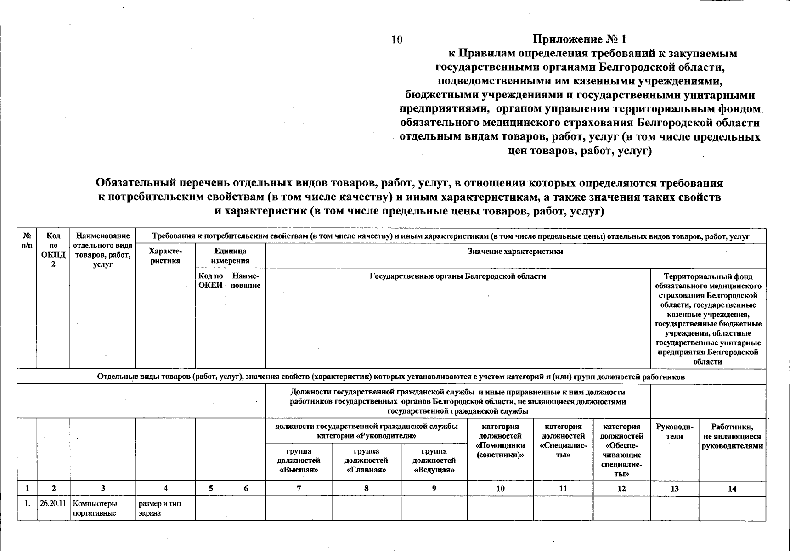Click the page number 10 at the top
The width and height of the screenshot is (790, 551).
[397, 39]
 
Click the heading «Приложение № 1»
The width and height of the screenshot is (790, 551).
[580, 39]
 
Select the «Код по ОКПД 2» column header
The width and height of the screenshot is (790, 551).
[53, 250]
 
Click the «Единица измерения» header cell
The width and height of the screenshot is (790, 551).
[230, 256]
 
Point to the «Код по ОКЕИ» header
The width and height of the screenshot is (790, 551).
[210, 281]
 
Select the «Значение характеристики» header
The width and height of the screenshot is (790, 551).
[515, 252]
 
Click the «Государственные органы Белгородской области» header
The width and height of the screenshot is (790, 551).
[457, 276]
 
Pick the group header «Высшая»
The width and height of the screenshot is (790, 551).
[299, 461]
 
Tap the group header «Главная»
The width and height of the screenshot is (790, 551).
[366, 461]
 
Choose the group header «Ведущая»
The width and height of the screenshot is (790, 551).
[434, 461]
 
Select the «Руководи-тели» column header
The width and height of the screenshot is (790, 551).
[674, 431]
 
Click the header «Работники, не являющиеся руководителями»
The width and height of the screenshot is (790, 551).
[732, 436]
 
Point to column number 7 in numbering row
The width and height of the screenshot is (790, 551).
[299, 489]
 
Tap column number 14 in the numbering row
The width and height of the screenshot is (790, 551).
[732, 489]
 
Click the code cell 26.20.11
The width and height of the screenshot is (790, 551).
[53, 503]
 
